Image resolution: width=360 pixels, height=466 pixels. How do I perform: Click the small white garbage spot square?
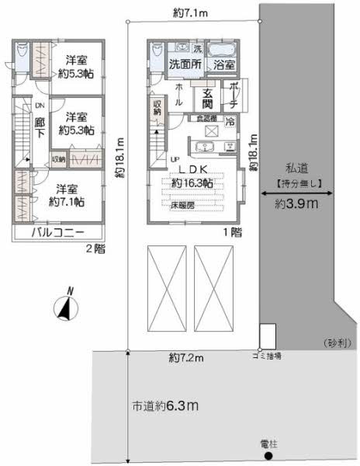[x=266, y=336]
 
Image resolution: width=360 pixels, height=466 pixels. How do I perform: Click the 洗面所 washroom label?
[x=185, y=64]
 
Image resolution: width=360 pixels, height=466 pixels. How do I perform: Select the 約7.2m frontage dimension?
[x=186, y=357]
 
